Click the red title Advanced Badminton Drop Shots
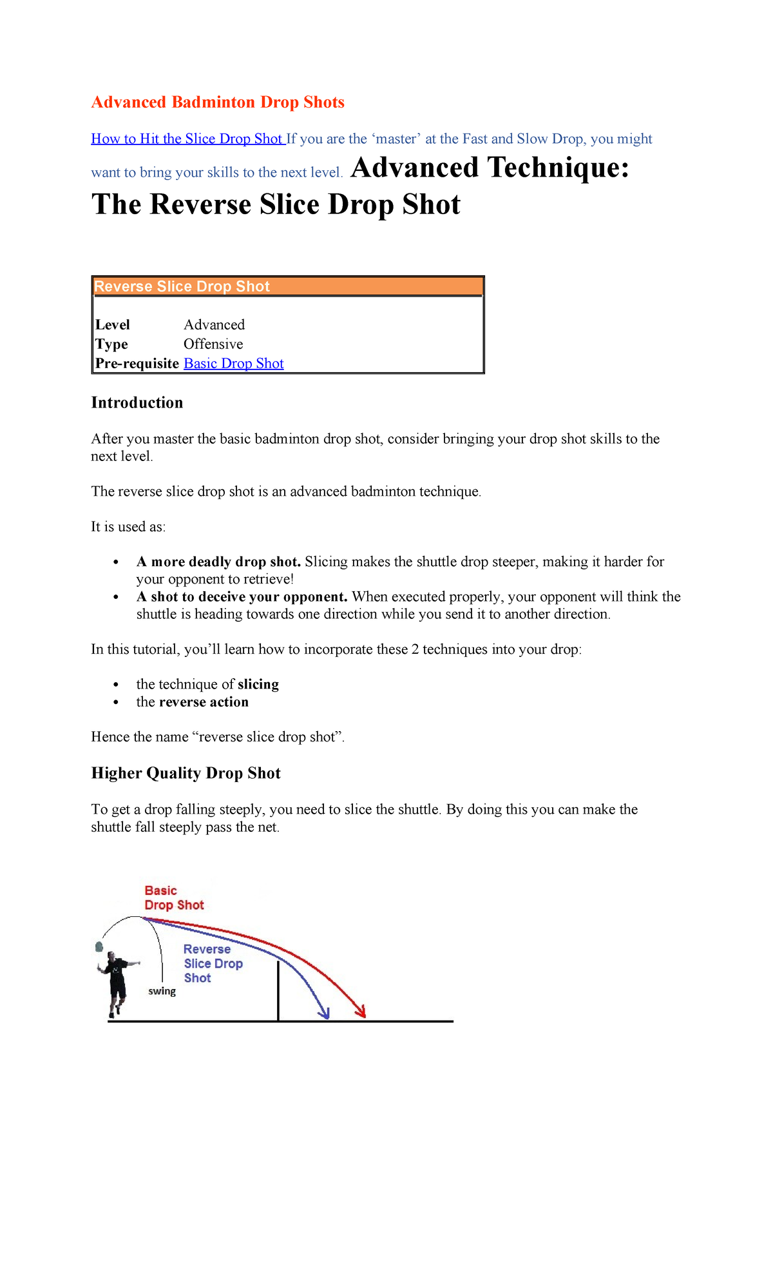(218, 103)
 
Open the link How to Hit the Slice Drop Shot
(187, 139)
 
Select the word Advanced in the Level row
(214, 324)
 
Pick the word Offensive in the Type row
(213, 344)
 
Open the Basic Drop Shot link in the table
(233, 363)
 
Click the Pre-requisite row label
(137, 363)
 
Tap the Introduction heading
(137, 402)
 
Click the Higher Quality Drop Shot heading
(186, 773)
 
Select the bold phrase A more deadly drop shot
(218, 562)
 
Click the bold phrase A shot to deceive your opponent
(242, 596)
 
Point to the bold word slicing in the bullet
(258, 684)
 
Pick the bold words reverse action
(204, 701)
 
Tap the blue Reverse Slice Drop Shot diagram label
(212, 963)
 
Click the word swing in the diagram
(162, 991)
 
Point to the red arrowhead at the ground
(361, 1013)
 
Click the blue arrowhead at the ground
(325, 1014)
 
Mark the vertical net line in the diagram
(278, 990)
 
